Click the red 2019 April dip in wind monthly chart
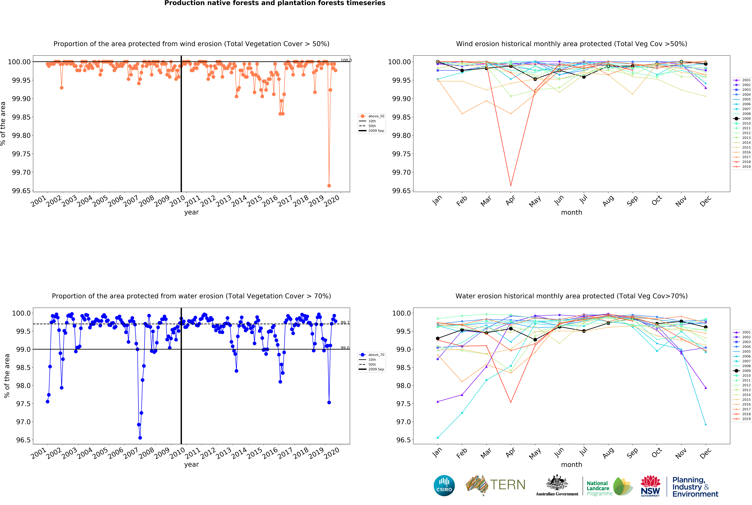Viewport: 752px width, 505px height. [511, 186]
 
